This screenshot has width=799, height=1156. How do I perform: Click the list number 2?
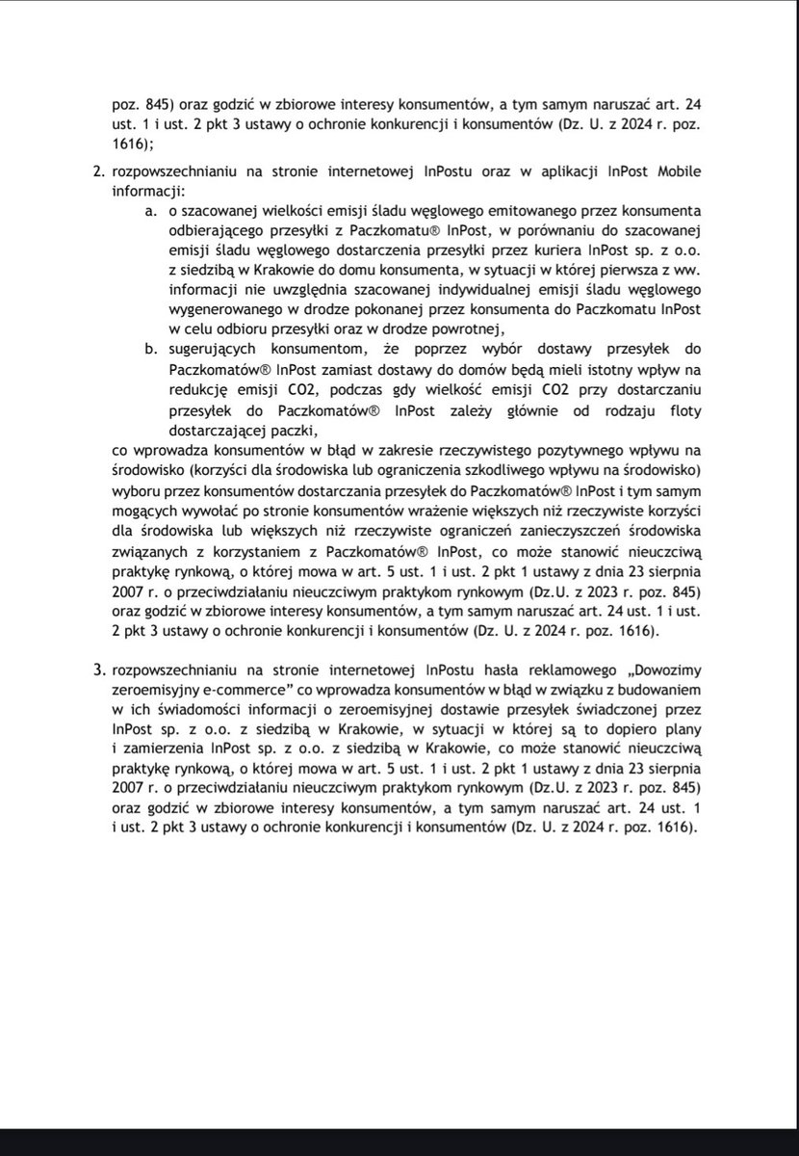click(x=96, y=173)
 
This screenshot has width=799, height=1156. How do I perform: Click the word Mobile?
click(x=675, y=173)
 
